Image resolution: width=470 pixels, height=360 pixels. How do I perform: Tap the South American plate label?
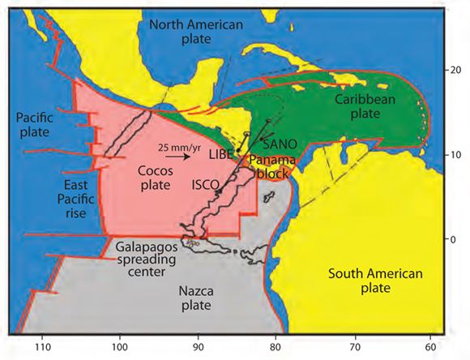point(376,281)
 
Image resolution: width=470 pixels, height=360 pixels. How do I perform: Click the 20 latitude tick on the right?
point(456,71)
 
